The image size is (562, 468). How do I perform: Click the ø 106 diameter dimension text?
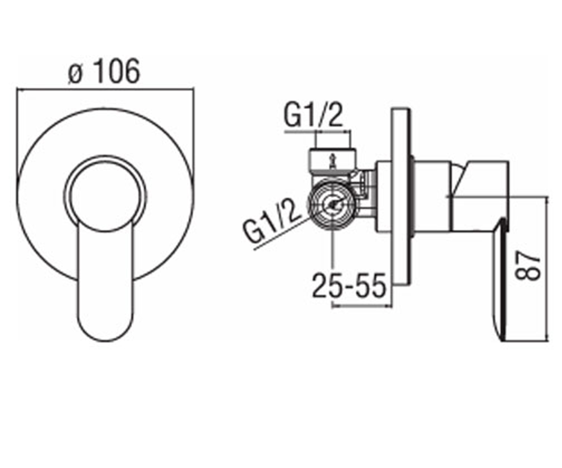pyautogui.click(x=104, y=71)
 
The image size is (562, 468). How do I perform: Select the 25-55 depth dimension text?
pyautogui.click(x=349, y=285)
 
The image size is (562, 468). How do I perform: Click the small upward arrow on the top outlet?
pyautogui.click(x=333, y=161)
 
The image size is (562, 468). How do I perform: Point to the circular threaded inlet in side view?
pyautogui.click(x=333, y=205)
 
